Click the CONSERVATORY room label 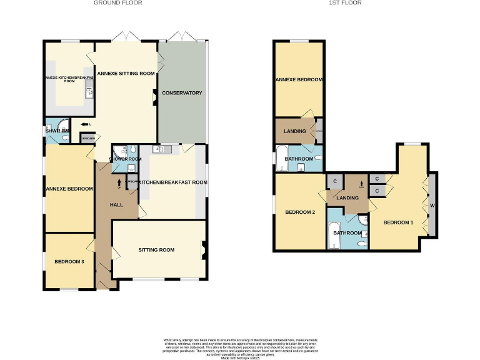point(182,93)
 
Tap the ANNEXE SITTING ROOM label point(126,73)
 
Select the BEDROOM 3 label point(69,262)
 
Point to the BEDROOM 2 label point(300,212)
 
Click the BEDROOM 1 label point(398,222)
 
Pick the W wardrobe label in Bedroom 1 point(431,205)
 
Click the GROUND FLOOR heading point(117,3)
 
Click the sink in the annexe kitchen point(90,92)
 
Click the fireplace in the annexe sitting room point(154,95)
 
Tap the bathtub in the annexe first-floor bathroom point(280,158)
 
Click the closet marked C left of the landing point(335,182)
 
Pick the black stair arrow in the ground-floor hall point(119,183)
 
